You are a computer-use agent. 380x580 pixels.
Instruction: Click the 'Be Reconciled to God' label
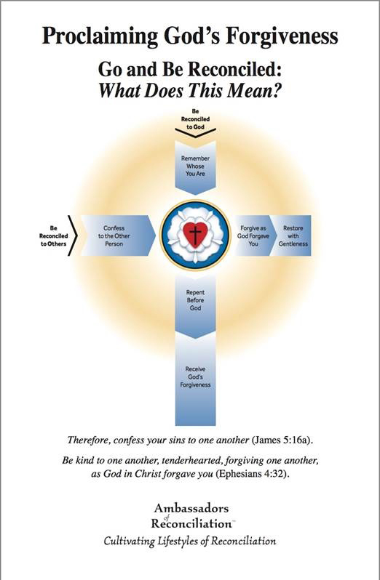pos(195,118)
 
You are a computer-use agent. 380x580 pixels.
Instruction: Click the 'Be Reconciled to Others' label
pos(53,235)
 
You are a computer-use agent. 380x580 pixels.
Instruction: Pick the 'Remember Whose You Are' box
pos(195,167)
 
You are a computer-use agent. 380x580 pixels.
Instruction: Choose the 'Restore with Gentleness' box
pos(292,235)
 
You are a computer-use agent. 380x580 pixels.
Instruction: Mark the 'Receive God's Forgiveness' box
pos(195,379)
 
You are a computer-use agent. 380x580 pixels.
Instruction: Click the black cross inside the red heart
pos(195,234)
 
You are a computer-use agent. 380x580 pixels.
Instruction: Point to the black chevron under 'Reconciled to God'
pos(195,133)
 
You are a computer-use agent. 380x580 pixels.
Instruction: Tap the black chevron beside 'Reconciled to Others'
pos(73,235)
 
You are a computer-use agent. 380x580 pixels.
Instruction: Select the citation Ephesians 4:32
pos(252,474)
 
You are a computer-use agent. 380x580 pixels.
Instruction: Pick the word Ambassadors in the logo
pos(191,508)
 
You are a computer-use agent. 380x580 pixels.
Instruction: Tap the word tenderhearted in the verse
pos(193,461)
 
